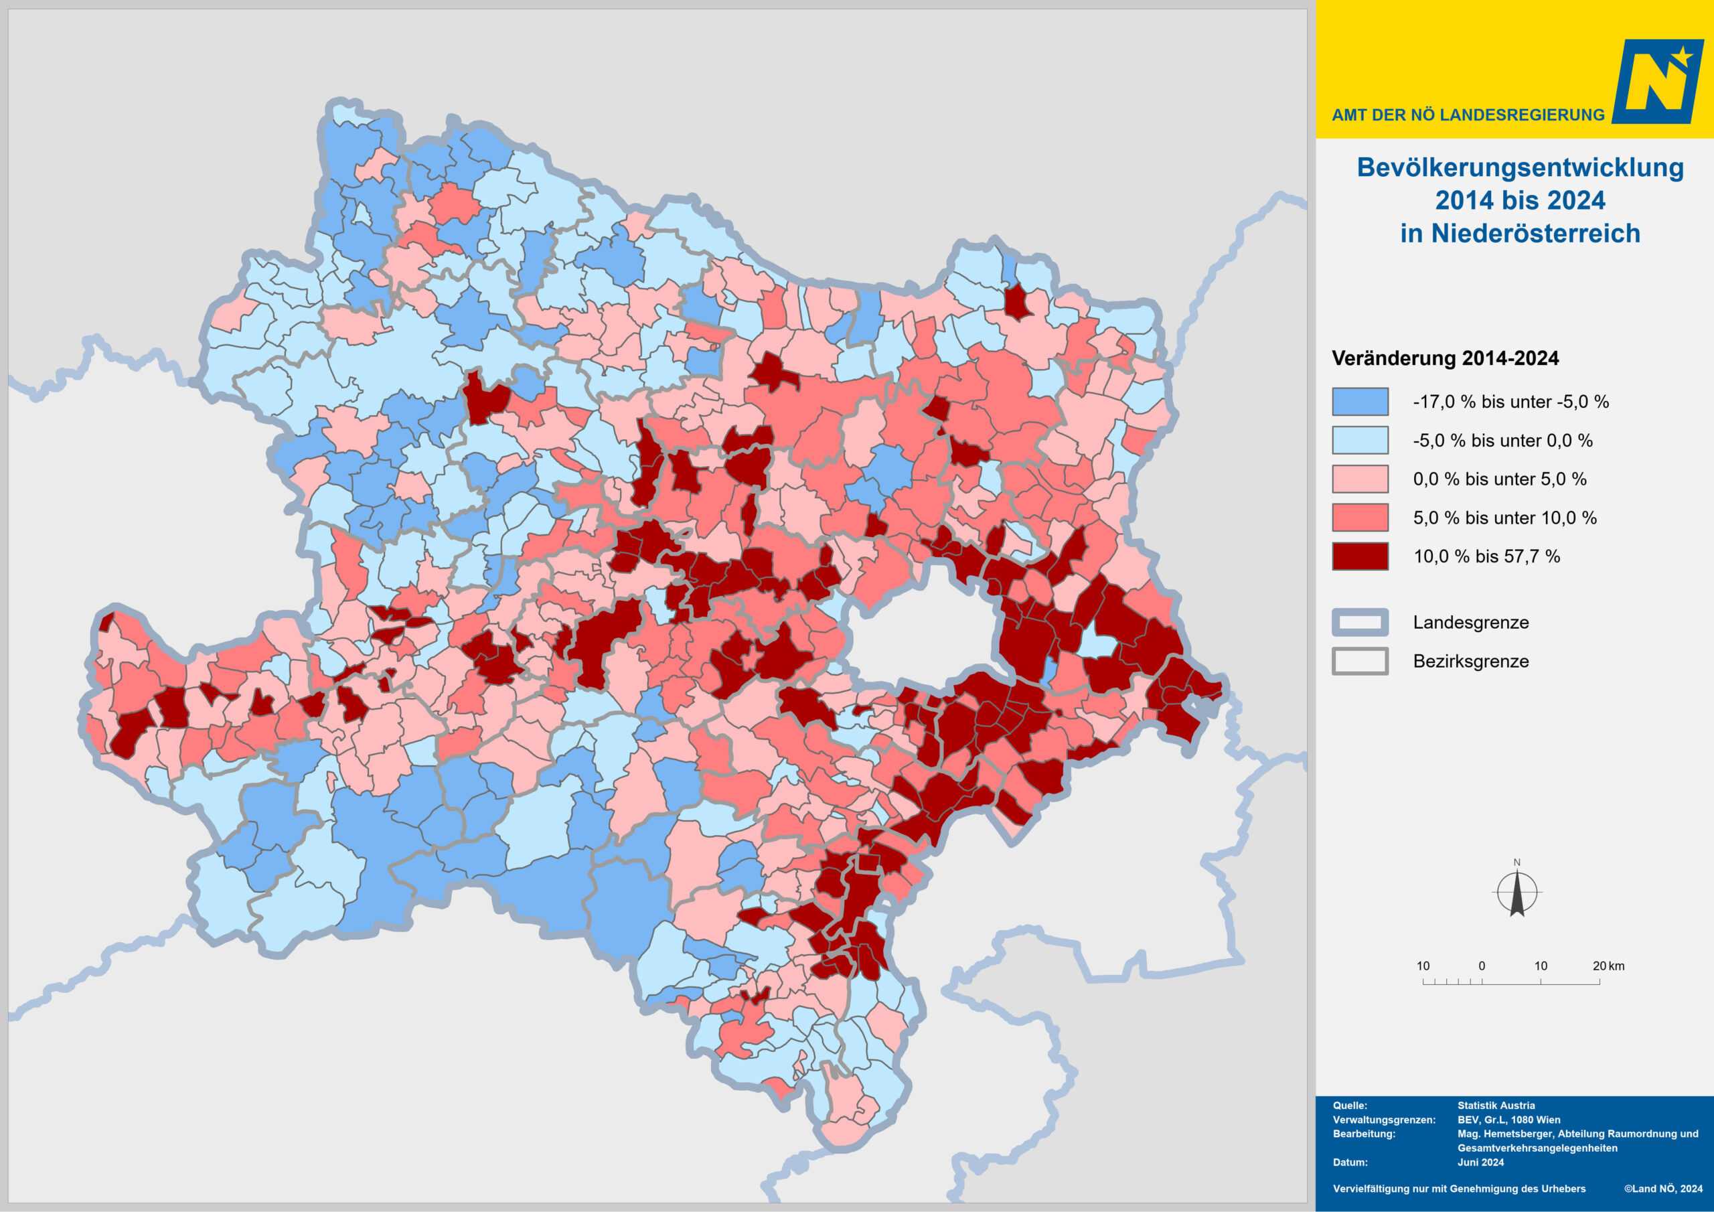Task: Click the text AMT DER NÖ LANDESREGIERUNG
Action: [x=1468, y=115]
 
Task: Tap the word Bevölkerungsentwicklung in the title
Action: [x=1520, y=167]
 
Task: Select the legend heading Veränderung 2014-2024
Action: [x=1446, y=358]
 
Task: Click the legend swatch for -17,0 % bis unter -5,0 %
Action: [x=1360, y=402]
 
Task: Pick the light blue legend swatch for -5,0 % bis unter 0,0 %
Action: [x=1360, y=441]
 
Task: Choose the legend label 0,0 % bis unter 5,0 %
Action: [x=1499, y=479]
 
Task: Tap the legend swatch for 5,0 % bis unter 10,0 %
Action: [x=1360, y=518]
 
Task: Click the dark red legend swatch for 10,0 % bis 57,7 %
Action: [x=1360, y=556]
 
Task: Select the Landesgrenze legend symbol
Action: [x=1360, y=622]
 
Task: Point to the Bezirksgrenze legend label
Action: [x=1471, y=661]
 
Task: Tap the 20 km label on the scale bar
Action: [x=1609, y=966]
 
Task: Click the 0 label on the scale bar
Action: [x=1482, y=966]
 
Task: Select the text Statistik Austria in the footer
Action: [x=1496, y=1106]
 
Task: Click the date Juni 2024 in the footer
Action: [x=1480, y=1162]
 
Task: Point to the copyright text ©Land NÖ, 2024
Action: [x=1663, y=1189]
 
